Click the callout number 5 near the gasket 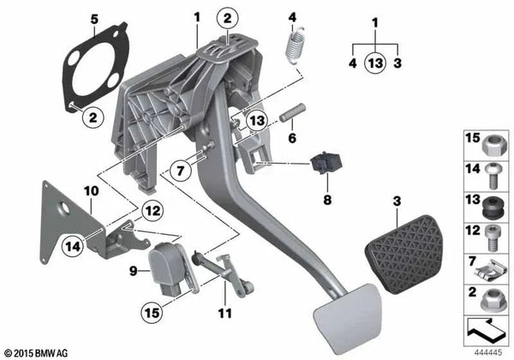tap(94, 18)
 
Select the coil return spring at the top tap(296, 42)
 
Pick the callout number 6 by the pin tap(292, 137)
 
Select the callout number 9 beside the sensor tap(132, 272)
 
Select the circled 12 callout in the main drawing tap(151, 208)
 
